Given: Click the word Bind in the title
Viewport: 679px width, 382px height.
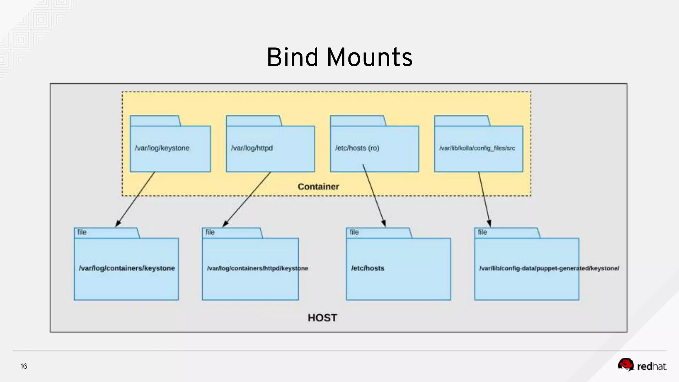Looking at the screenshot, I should (x=292, y=57).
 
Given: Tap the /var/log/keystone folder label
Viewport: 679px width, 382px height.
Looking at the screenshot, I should (x=162, y=148).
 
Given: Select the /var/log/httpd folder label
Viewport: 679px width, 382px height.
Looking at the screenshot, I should (x=252, y=148).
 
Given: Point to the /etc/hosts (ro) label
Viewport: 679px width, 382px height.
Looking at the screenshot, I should (x=357, y=148).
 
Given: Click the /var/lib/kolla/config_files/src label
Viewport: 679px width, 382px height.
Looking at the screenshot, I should (x=477, y=148).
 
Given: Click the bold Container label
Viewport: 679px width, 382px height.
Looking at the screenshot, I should (x=318, y=187).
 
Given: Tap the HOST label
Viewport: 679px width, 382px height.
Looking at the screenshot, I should (x=322, y=318).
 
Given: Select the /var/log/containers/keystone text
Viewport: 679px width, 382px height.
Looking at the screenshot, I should (x=127, y=268).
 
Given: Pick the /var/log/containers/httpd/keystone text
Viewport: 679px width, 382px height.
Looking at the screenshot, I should (x=257, y=268).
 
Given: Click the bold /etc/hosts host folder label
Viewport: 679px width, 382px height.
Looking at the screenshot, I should (x=368, y=268).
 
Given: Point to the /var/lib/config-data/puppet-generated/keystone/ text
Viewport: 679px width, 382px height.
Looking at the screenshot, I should (x=549, y=268).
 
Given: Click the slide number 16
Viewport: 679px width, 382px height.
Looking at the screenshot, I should (x=24, y=366).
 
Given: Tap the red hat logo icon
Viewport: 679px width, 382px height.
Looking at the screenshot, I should (x=626, y=364).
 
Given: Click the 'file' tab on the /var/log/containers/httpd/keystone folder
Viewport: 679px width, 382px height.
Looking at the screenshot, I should (x=210, y=232).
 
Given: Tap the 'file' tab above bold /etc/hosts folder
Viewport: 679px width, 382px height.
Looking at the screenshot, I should (x=354, y=232).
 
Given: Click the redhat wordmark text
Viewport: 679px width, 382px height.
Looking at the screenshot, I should (x=652, y=366).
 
